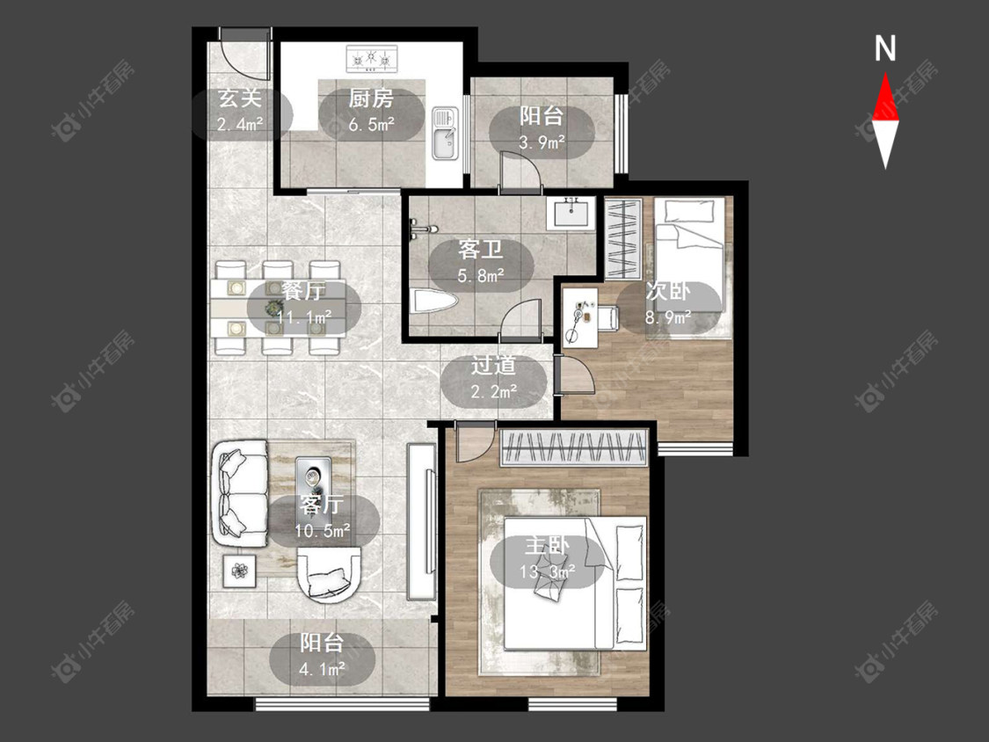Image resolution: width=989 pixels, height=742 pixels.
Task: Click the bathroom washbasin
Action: pos(571,214)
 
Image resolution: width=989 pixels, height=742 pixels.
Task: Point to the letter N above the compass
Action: pos(885,48)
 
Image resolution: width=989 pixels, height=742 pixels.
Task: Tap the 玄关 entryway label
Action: pos(240,98)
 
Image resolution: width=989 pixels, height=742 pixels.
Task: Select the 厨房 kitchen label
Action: pos(371,98)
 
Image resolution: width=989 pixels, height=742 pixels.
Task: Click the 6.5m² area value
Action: pos(372,124)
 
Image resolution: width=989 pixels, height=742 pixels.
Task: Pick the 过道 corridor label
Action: pos(494,366)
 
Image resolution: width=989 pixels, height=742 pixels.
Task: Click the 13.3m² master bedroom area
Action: pos(547,571)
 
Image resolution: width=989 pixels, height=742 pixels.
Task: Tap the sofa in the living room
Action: pos(239,493)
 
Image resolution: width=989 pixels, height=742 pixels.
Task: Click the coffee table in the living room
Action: pos(314,480)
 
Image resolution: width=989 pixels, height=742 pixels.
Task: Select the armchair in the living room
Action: pos(330,574)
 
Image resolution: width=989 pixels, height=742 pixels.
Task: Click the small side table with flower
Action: pos(239,571)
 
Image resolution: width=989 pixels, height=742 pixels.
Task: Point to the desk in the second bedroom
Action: pos(579,316)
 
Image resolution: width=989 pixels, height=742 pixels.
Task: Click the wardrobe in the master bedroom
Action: pos(574,447)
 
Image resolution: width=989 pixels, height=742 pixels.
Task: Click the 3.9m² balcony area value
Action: pos(542,142)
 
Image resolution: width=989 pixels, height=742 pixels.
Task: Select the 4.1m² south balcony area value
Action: pos(323,669)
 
